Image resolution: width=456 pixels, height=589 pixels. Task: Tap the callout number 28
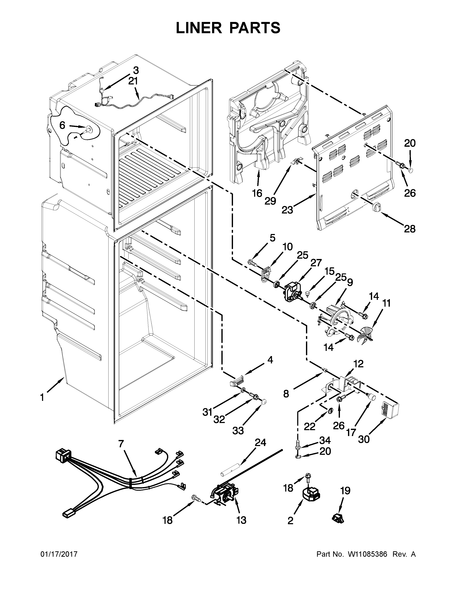(x=410, y=229)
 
